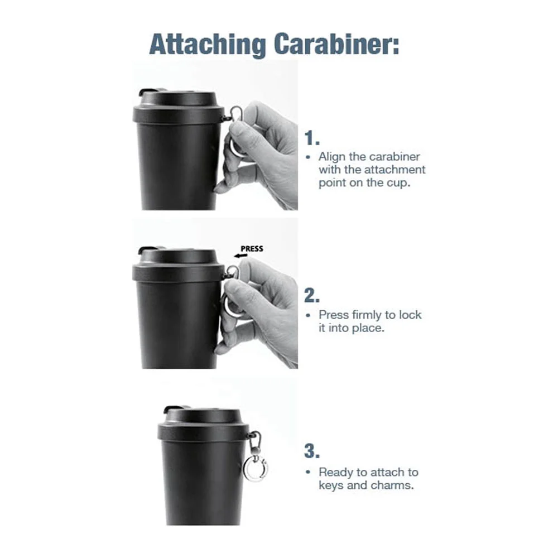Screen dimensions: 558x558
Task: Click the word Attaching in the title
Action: [208, 45]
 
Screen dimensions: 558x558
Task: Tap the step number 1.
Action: [312, 138]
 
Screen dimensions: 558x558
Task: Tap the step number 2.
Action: [312, 296]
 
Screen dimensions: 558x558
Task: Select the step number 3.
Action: [312, 451]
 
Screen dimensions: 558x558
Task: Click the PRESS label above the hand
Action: [252, 249]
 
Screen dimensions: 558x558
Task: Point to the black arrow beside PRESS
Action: [240, 256]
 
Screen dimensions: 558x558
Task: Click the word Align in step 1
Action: [332, 157]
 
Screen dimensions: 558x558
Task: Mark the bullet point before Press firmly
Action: [308, 315]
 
